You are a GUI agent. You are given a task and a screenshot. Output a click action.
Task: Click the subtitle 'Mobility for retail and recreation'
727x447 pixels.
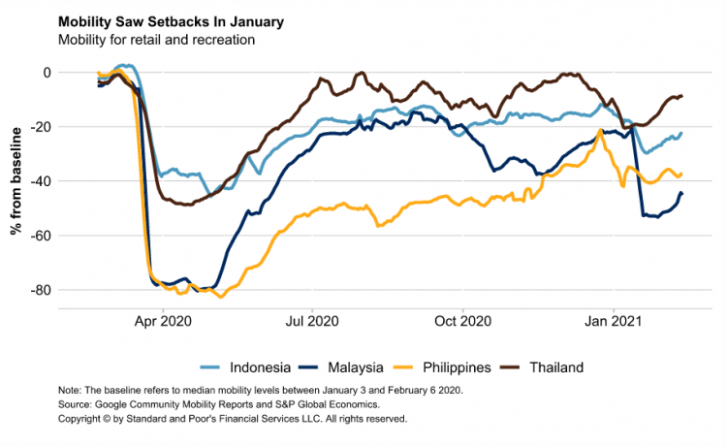click(156, 40)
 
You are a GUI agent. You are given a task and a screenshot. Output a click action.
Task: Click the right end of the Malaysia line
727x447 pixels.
click(681, 193)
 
